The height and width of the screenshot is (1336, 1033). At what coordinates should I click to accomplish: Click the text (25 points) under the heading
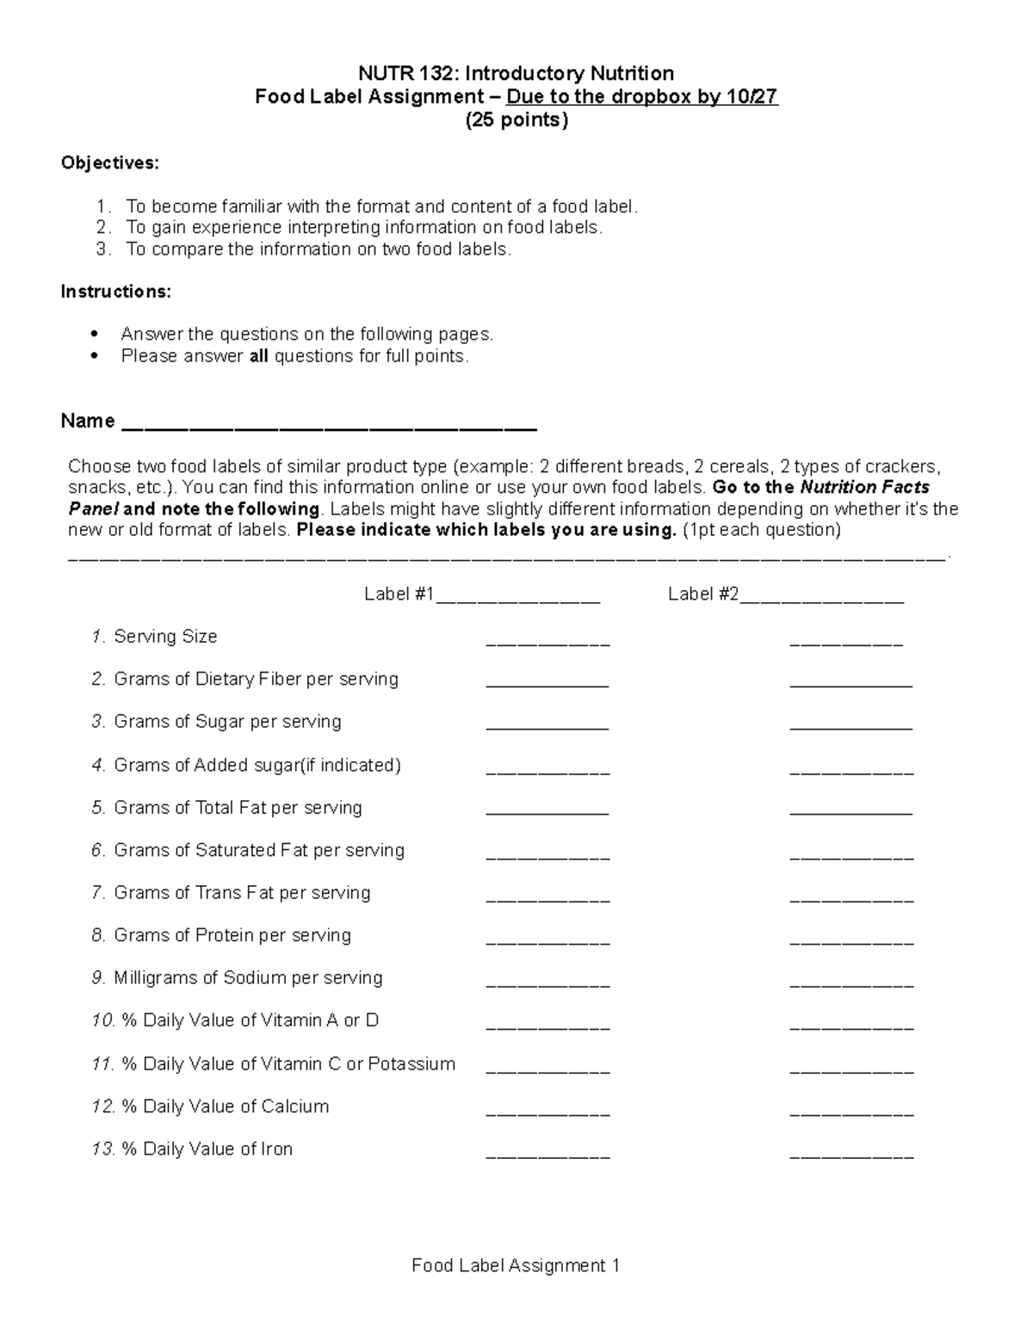tap(516, 120)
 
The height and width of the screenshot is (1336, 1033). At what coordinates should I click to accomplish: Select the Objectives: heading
tap(109, 163)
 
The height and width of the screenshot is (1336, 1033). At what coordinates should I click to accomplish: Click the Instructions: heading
tap(115, 292)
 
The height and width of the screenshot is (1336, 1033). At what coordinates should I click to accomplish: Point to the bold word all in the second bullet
tap(259, 356)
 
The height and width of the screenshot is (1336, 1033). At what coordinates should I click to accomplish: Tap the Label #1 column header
tap(399, 594)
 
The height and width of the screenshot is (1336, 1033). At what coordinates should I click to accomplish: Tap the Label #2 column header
tap(702, 594)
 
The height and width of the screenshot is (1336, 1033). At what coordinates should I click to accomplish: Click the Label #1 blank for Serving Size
tap(547, 642)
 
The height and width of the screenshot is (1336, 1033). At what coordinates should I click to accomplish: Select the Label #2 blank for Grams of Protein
tap(851, 940)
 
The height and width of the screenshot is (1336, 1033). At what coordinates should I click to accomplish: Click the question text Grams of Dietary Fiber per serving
tap(256, 679)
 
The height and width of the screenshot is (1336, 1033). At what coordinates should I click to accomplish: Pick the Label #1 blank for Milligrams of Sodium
tap(547, 982)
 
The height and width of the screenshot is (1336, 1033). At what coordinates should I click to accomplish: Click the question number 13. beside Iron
tap(104, 1149)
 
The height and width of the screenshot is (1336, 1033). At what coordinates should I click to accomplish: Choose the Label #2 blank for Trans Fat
tap(851, 898)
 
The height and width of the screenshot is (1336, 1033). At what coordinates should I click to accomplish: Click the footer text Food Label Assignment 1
tap(516, 1265)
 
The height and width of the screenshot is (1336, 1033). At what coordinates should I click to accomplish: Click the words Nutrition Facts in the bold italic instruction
tap(864, 488)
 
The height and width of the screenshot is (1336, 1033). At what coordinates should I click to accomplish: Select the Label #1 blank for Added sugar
tap(547, 771)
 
